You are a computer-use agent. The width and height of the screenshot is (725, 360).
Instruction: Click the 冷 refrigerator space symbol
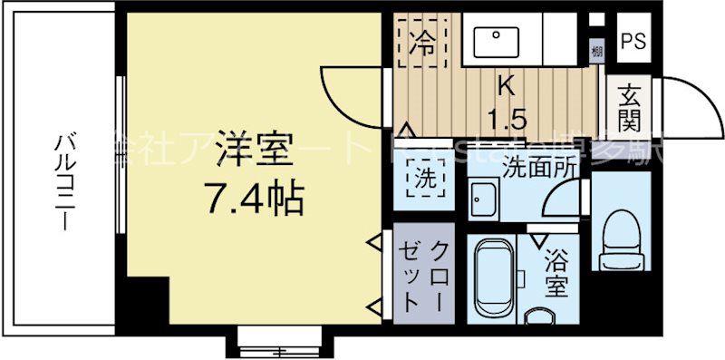(423, 41)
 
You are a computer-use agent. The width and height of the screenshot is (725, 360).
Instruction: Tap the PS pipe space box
(633, 42)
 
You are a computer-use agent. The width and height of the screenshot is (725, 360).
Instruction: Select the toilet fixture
(622, 237)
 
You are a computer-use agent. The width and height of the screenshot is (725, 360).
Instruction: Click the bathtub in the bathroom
(495, 277)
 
